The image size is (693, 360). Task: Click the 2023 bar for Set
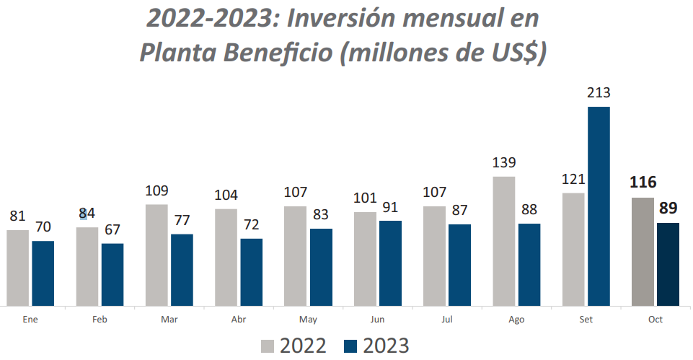599,206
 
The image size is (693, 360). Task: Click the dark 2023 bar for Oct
668,264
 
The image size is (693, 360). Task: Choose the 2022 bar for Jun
365,258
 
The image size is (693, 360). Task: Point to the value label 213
599,93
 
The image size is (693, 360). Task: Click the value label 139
504,163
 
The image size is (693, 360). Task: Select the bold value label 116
642,183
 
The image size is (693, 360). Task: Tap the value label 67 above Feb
112,230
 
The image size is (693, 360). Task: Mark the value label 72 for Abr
251,225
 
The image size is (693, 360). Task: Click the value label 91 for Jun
390,208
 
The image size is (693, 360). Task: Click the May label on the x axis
308,319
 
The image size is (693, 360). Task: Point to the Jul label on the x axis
446,319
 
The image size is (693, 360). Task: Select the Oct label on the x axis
655,319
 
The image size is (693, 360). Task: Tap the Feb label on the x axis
100,319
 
